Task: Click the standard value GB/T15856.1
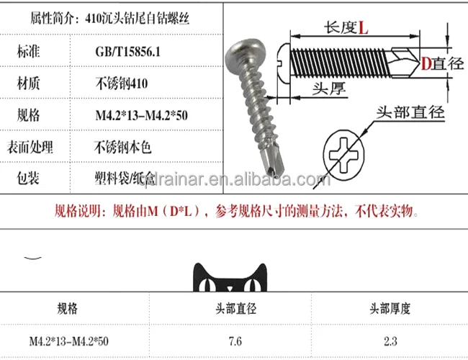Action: pos(128,52)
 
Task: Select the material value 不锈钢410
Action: pos(122,84)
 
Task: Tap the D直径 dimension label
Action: pos(441,63)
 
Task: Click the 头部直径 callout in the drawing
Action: pos(410,112)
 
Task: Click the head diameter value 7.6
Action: pos(233,340)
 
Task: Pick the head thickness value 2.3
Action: pos(391,340)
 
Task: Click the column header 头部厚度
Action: pos(391,309)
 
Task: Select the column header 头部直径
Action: pos(233,309)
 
